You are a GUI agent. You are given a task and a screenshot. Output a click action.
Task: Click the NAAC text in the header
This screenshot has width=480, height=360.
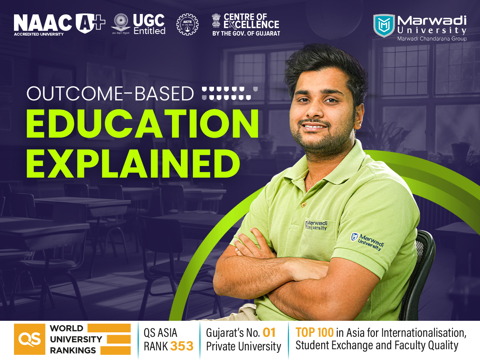pos(43,23)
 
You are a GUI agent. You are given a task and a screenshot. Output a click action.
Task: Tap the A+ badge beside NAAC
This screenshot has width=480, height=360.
pos(90,23)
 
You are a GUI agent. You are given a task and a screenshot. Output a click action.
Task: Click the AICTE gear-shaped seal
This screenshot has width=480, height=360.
pos(187,25)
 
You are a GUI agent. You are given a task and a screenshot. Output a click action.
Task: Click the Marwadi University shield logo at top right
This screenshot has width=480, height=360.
pos(383,26)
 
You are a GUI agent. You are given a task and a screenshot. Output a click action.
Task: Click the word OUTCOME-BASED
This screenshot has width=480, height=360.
pos(110,94)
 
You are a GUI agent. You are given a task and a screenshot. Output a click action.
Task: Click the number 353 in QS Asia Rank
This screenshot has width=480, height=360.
pos(182,346)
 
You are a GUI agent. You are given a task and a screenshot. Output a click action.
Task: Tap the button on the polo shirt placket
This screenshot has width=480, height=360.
pos(304,205)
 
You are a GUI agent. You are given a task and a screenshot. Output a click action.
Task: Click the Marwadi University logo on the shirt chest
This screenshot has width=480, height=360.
pos(316,225)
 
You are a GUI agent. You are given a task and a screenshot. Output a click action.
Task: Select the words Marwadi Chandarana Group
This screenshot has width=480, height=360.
pos(432,38)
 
